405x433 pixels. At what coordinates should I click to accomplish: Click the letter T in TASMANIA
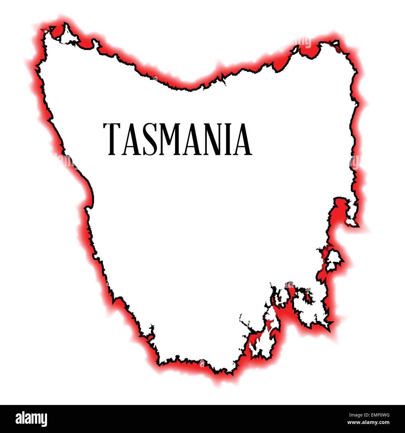(x=112, y=139)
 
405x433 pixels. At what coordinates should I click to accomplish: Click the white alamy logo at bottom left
(x=31, y=419)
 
